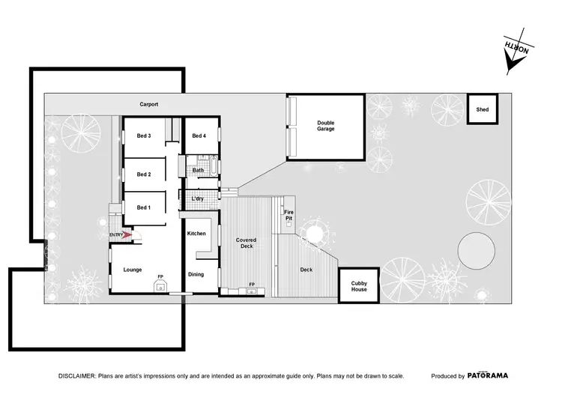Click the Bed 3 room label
pos(144,136)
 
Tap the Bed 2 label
pos(144,175)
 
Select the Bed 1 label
pos(144,207)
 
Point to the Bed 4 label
pos(199,136)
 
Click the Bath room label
pos(199,170)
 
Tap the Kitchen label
pos(196,234)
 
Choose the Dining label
pos(196,274)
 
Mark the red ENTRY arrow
pos(127,235)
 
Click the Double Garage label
pos(325,126)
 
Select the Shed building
pos(482,109)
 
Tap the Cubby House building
pos(359,285)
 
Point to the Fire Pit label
pos(288,215)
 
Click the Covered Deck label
pos(246,243)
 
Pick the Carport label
pos(148,104)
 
